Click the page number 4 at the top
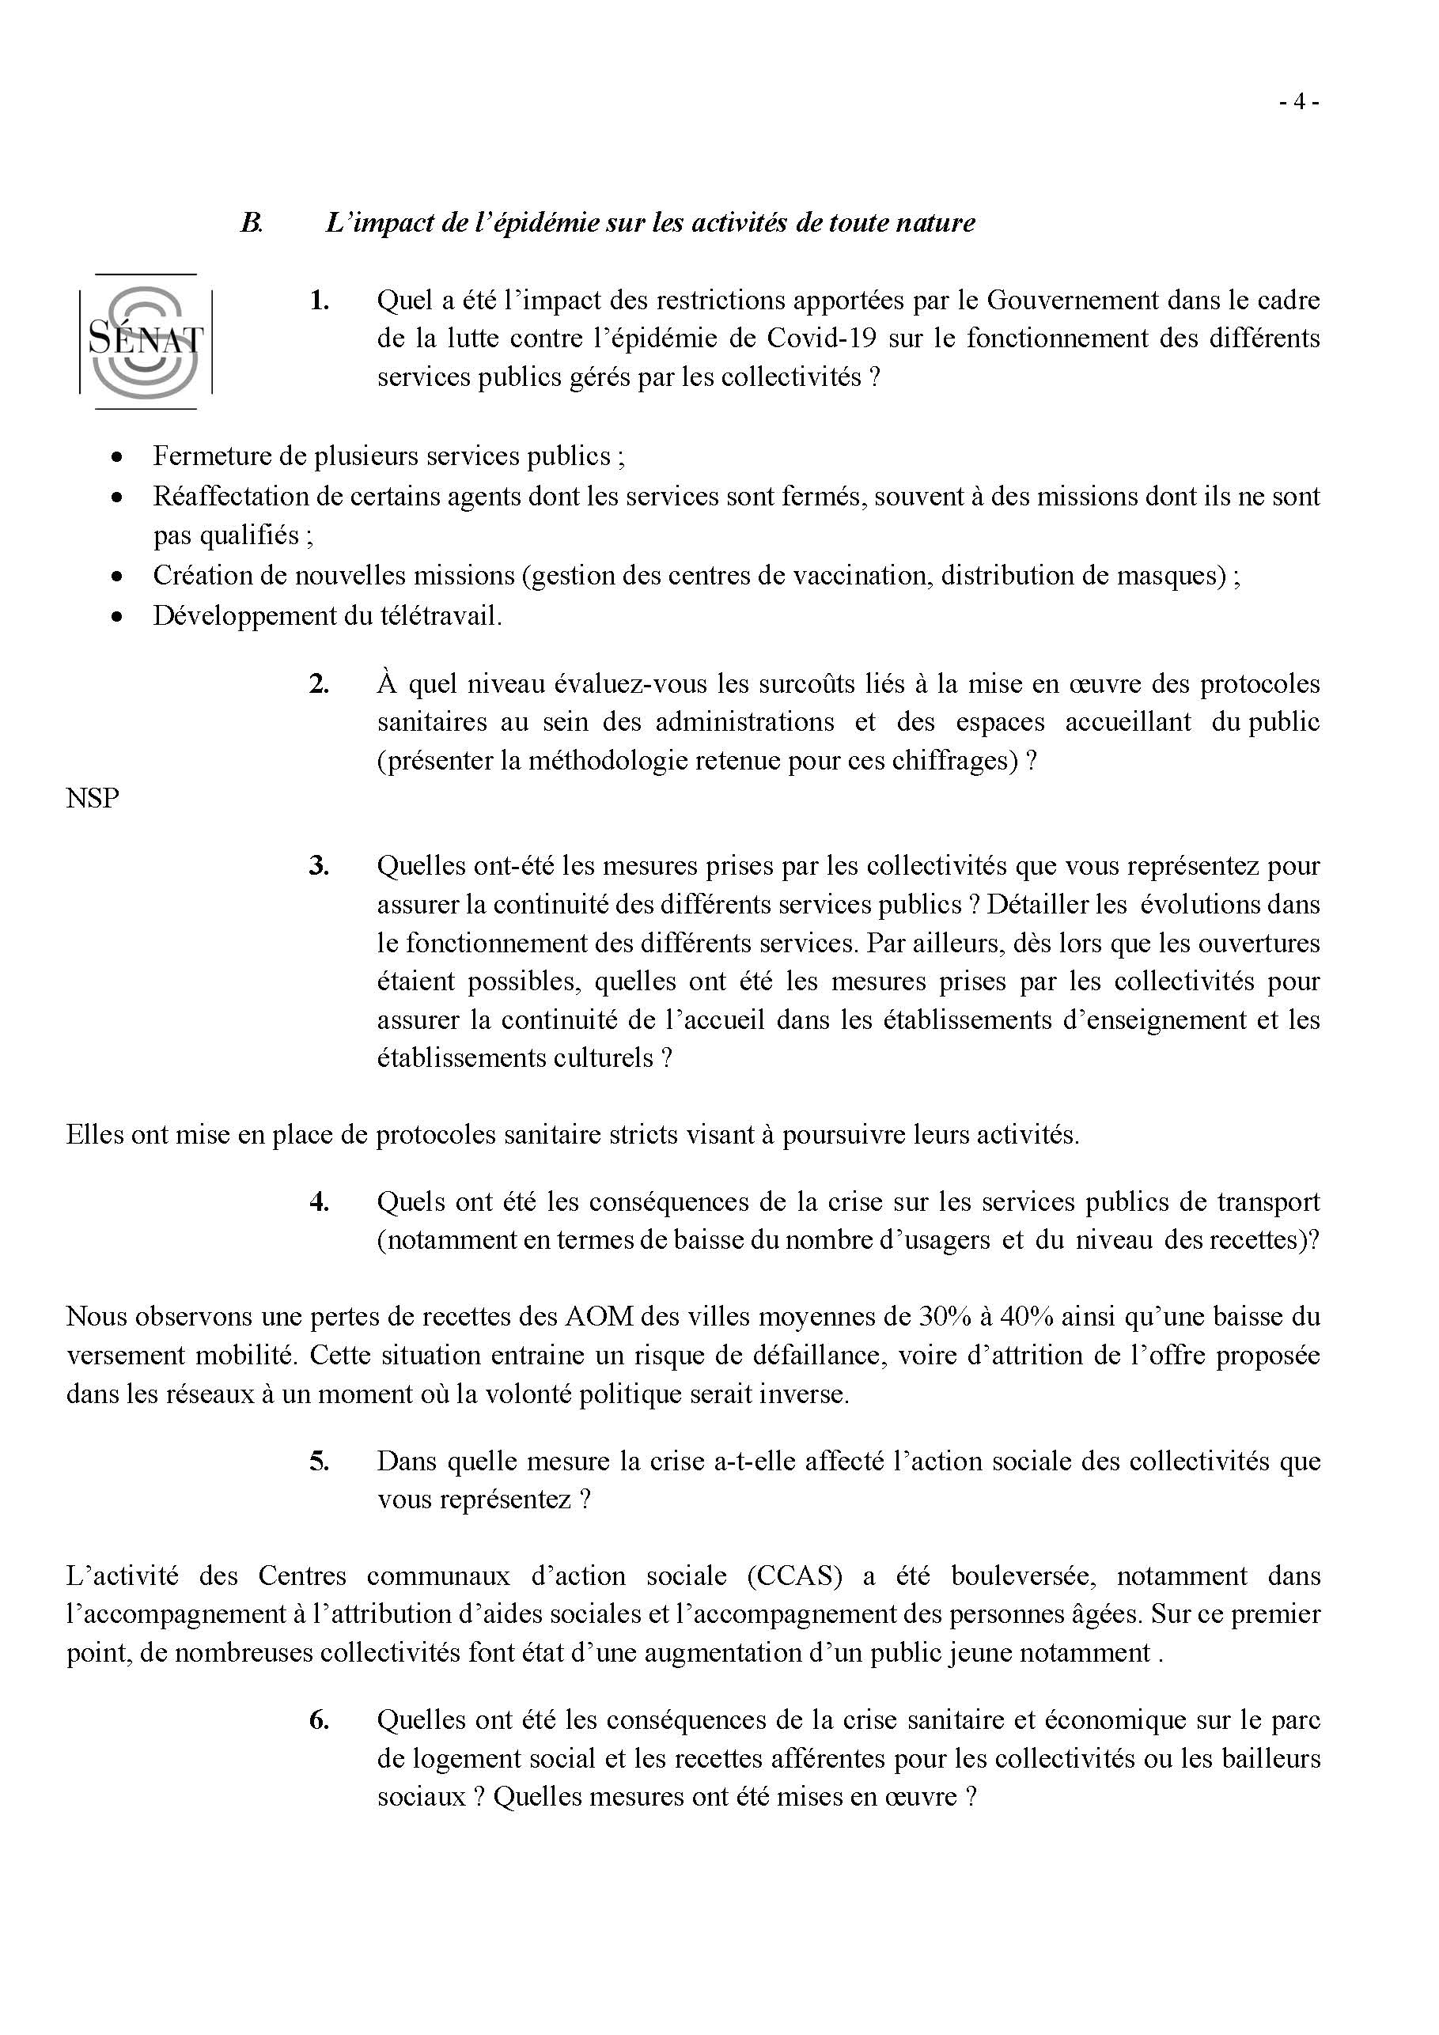click(1299, 102)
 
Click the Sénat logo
click(146, 341)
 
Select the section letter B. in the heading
click(252, 221)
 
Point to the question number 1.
click(319, 301)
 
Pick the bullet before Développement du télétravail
click(116, 616)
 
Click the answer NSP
click(93, 799)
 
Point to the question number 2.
click(319, 683)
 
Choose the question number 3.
click(319, 865)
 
